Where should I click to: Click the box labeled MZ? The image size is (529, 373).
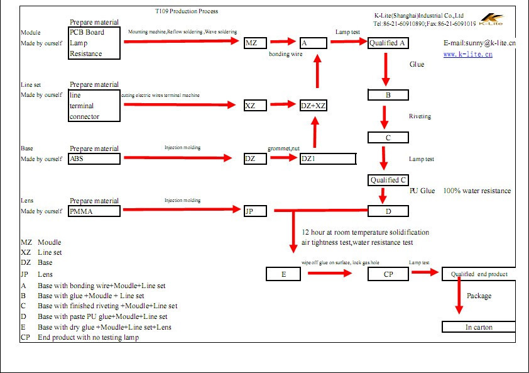click(255, 43)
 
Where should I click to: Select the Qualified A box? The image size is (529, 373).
click(388, 43)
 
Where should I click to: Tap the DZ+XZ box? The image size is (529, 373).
click(313, 106)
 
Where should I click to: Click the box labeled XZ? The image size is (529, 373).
click(255, 106)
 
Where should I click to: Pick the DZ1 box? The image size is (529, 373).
click(328, 159)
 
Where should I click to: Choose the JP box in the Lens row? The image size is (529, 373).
click(255, 211)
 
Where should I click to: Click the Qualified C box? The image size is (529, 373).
click(388, 181)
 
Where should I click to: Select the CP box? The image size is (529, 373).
click(388, 274)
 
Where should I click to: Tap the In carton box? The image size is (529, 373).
click(479, 327)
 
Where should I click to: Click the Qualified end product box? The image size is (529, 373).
click(479, 274)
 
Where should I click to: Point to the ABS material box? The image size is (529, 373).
click(94, 159)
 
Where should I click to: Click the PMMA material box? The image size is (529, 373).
click(94, 211)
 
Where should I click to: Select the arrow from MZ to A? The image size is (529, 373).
click(283, 42)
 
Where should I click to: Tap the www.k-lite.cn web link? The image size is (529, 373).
click(467, 55)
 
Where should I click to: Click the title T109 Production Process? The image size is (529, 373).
click(187, 11)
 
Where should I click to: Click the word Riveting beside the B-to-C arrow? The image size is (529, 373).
click(420, 116)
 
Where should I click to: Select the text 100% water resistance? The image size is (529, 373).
click(477, 191)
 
